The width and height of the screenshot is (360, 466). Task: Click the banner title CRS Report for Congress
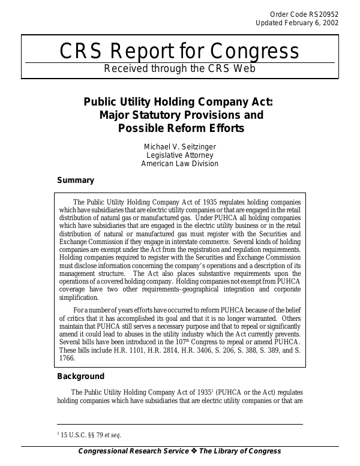(180, 52)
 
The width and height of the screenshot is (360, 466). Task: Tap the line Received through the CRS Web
(180, 68)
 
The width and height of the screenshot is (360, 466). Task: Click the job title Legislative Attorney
(180, 155)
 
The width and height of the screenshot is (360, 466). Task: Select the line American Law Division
(180, 164)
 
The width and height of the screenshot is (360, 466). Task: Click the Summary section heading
(75, 180)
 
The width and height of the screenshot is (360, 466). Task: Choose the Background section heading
(80, 377)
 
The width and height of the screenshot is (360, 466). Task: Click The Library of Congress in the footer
(240, 452)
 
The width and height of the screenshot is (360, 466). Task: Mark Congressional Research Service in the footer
(133, 452)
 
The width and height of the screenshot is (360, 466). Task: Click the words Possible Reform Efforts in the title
(180, 128)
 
